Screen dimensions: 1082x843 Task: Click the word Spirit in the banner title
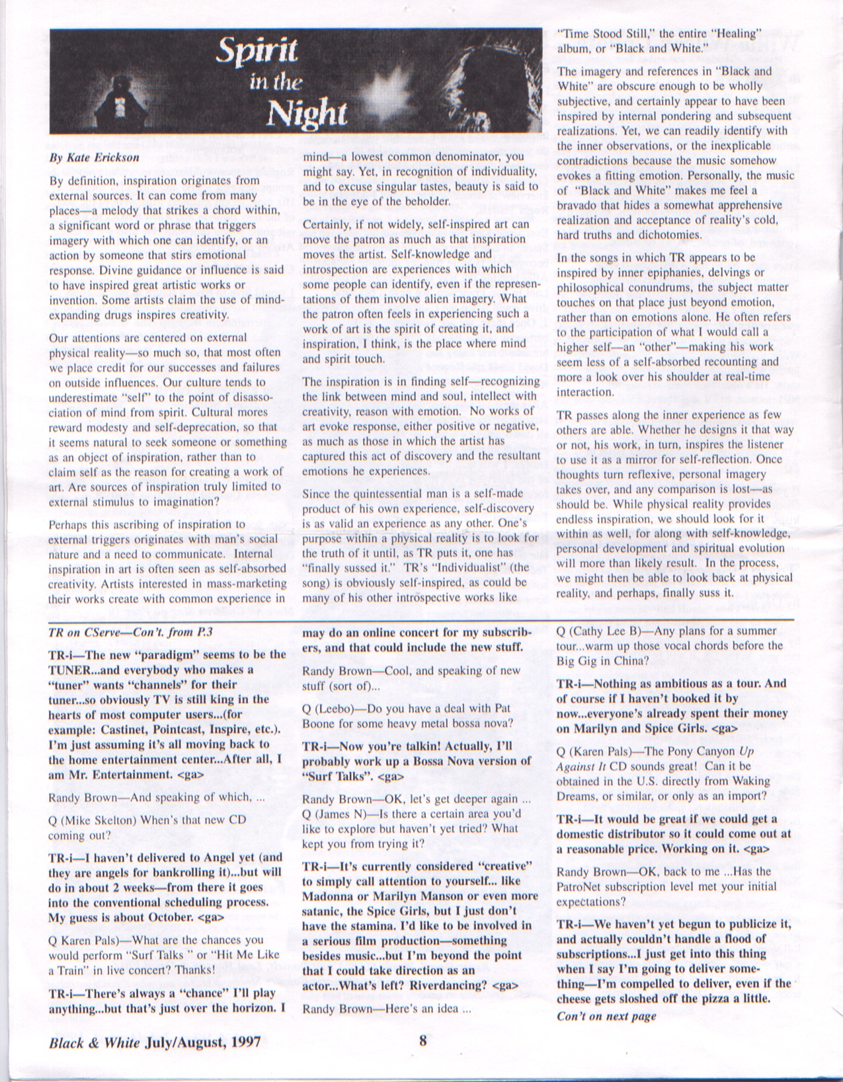pos(258,52)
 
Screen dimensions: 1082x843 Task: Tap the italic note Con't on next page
pos(606,1016)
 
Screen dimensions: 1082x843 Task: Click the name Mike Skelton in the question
pos(97,820)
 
